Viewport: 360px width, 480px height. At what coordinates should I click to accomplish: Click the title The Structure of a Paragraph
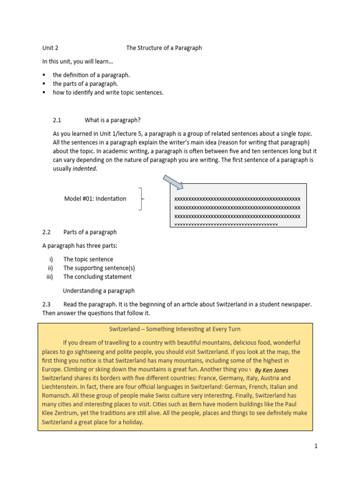point(164,48)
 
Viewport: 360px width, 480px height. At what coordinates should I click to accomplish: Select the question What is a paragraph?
point(112,120)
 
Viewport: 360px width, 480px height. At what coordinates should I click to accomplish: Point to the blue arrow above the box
point(172,181)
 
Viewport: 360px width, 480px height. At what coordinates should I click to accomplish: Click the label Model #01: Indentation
point(95,198)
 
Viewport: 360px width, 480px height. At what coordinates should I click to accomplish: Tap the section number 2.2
point(46,232)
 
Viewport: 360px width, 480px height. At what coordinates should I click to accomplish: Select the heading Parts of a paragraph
point(90,232)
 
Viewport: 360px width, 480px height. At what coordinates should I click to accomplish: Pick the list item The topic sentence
point(88,259)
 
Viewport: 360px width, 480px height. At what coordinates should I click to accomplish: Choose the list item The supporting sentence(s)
point(99,268)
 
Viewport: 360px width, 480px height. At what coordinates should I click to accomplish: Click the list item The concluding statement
point(97,277)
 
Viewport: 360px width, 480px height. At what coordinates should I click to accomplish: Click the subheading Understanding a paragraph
point(99,291)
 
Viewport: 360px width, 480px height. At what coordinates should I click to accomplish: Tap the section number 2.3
point(46,304)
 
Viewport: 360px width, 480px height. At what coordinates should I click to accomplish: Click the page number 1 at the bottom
point(316,446)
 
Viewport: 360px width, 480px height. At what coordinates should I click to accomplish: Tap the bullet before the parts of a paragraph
point(44,84)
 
